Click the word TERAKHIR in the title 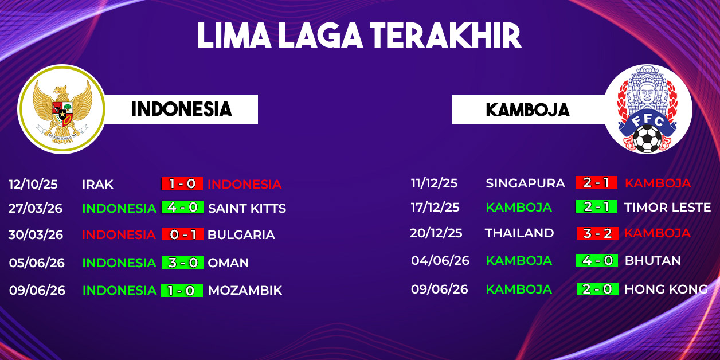tap(445, 36)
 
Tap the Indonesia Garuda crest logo tap(61, 109)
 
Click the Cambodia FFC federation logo tap(648, 109)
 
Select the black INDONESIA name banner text tap(182, 109)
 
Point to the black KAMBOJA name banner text tap(528, 110)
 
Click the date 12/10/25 tap(33, 184)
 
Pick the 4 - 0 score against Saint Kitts tap(182, 208)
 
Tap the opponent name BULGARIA tap(241, 234)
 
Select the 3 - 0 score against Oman tap(182, 263)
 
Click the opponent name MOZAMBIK tap(245, 291)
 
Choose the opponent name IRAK tap(97, 185)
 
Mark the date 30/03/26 tap(36, 234)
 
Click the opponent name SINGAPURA tap(525, 183)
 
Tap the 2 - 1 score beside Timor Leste tap(597, 207)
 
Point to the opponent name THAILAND tap(519, 233)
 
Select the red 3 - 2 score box tap(597, 233)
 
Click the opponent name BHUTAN tap(652, 261)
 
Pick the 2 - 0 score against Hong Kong tap(597, 289)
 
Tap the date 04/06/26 tap(440, 261)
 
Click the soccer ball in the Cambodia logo tap(647, 139)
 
